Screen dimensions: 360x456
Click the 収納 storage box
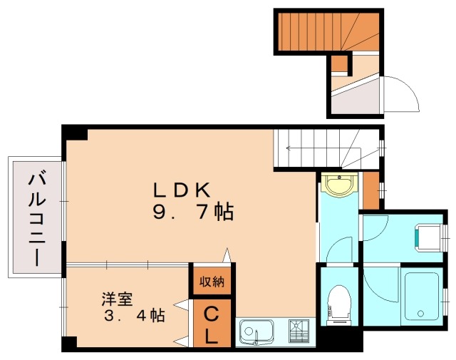click(x=211, y=281)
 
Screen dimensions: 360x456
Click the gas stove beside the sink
click(x=300, y=332)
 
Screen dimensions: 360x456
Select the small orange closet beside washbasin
click(x=370, y=190)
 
